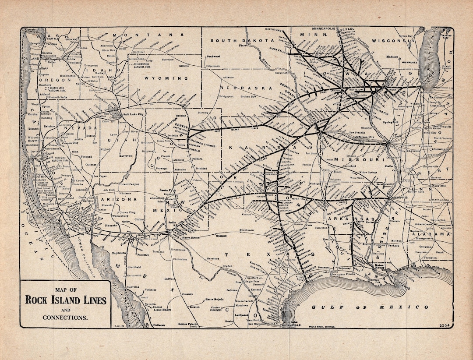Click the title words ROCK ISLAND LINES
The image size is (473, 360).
[65, 300]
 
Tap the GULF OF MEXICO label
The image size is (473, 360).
[370, 307]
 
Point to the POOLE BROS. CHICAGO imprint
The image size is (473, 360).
[325, 326]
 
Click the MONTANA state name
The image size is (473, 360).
[142, 35]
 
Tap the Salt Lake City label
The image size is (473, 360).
[134, 114]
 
